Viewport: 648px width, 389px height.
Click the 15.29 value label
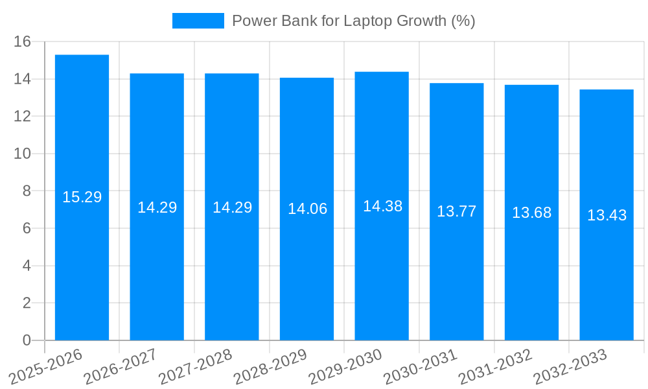coord(82,197)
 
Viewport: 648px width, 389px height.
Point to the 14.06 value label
coord(307,209)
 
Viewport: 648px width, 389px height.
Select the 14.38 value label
coord(382,206)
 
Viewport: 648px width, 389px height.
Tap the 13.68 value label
coord(531,213)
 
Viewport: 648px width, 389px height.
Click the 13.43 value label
coord(607,215)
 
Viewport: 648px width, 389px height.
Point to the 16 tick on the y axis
coord(23,42)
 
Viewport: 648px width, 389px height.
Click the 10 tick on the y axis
coord(23,154)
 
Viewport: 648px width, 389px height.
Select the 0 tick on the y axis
coord(27,340)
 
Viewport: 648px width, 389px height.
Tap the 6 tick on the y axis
coord(27,229)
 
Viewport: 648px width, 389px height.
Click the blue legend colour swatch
coord(198,21)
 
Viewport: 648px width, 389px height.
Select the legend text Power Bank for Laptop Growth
coord(353,21)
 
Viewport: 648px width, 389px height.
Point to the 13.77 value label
coord(456,211)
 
